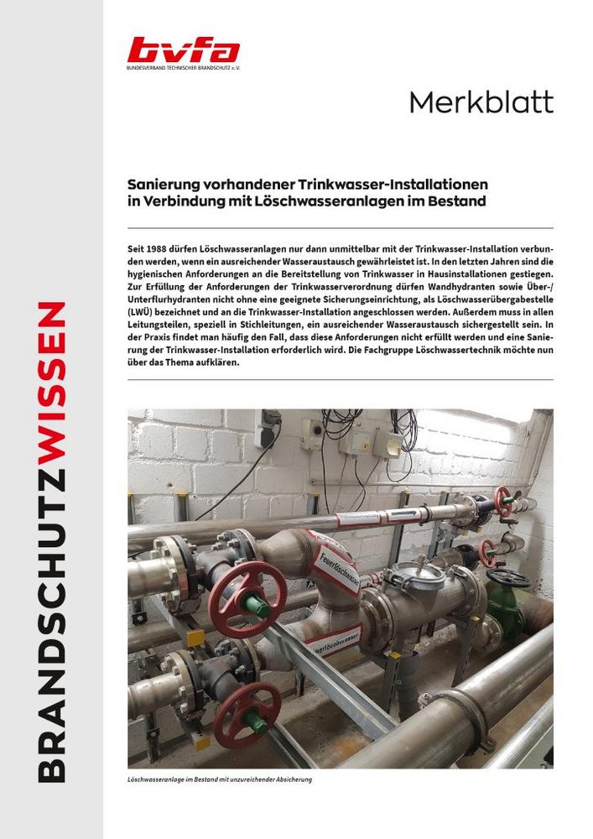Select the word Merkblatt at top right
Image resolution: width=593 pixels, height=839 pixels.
(481, 102)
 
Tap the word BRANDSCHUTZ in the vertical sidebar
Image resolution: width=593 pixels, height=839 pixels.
(53, 604)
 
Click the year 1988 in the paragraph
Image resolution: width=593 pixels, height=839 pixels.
(154, 251)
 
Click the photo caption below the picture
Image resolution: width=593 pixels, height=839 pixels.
(221, 779)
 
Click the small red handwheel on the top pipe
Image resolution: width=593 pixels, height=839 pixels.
(502, 500)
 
